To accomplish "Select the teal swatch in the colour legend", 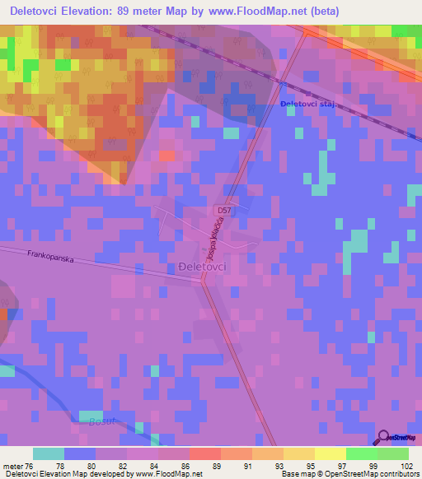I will tap(49, 453).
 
